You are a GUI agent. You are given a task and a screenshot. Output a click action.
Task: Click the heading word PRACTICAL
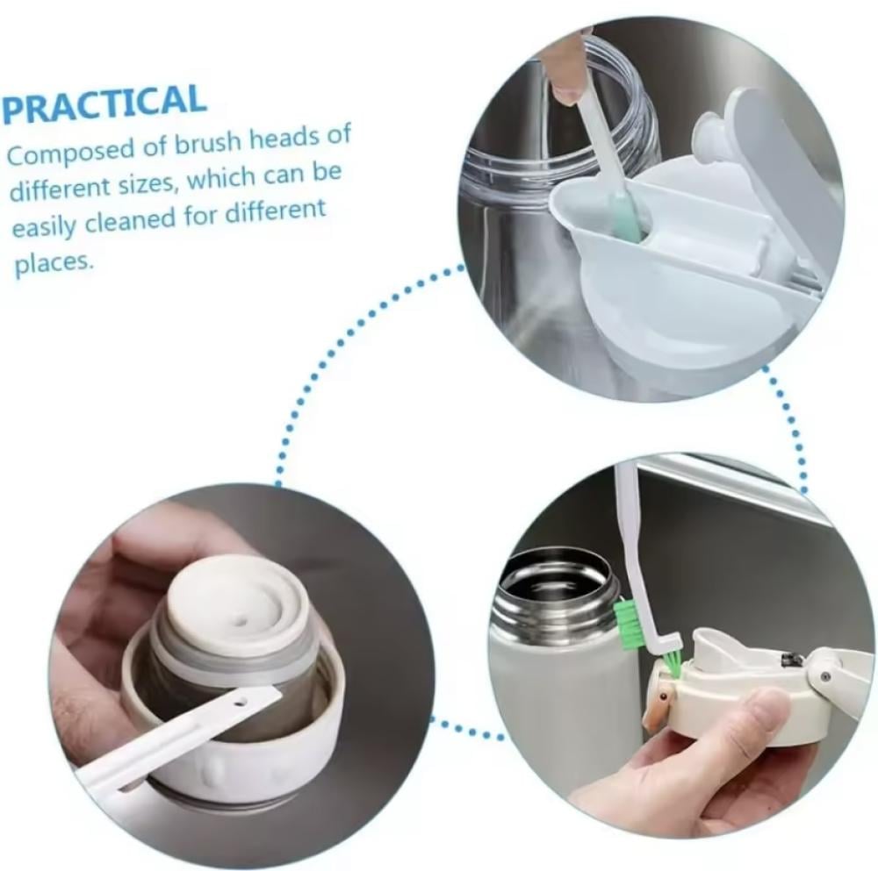104,104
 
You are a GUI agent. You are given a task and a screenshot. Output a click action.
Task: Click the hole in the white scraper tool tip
241,700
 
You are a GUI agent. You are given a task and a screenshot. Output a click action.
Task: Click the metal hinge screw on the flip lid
824,677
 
